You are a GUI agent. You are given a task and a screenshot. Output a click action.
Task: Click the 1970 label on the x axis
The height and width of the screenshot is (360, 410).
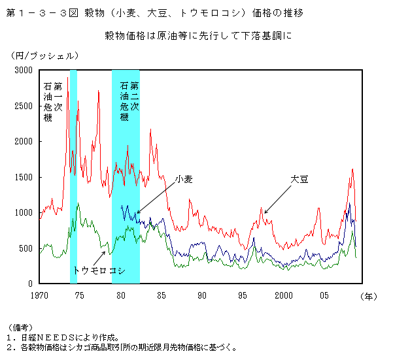[x=39, y=295]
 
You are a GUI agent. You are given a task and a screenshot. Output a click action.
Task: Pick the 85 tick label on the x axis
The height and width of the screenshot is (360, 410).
[x=162, y=295]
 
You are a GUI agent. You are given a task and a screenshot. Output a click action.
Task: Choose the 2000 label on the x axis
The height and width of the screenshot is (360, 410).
[x=283, y=295]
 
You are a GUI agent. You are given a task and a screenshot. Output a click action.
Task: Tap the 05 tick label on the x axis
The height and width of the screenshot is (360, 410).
[x=324, y=295]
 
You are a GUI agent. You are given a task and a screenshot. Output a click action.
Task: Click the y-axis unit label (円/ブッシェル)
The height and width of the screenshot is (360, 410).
[x=44, y=56]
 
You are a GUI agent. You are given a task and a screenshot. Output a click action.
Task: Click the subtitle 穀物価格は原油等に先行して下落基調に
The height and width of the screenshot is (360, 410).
[x=197, y=35]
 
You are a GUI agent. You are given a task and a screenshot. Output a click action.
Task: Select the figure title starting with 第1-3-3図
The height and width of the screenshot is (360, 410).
[x=154, y=12]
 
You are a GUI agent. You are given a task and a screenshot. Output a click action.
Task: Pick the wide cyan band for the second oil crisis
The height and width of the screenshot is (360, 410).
[x=126, y=196]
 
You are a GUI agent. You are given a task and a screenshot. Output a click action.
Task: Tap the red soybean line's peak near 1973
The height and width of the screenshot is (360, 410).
[x=67, y=78]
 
